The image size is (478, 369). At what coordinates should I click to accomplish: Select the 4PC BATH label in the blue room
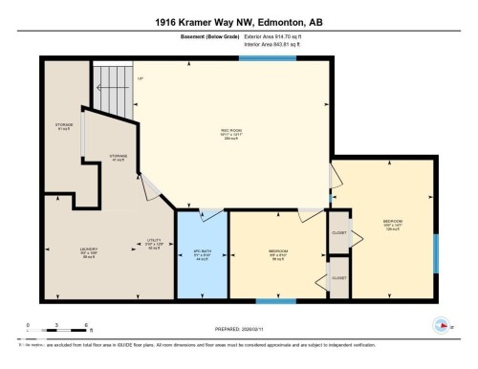201,255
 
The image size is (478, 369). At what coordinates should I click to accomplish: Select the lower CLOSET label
339,277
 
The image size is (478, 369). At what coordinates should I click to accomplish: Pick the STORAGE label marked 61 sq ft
64,126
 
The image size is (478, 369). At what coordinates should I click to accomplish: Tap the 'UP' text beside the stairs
140,78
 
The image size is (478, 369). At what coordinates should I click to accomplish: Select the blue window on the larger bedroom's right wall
436,248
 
